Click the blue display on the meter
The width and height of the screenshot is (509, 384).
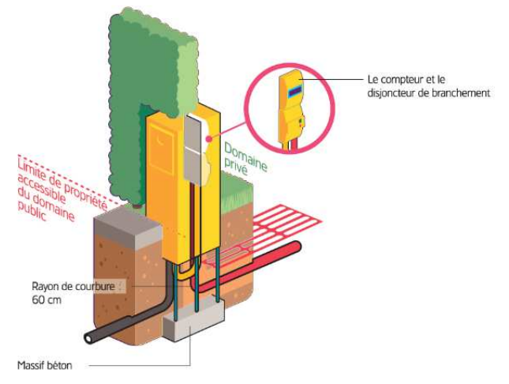pyautogui.click(x=294, y=92)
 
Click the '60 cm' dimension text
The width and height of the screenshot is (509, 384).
pyautogui.click(x=45, y=300)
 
